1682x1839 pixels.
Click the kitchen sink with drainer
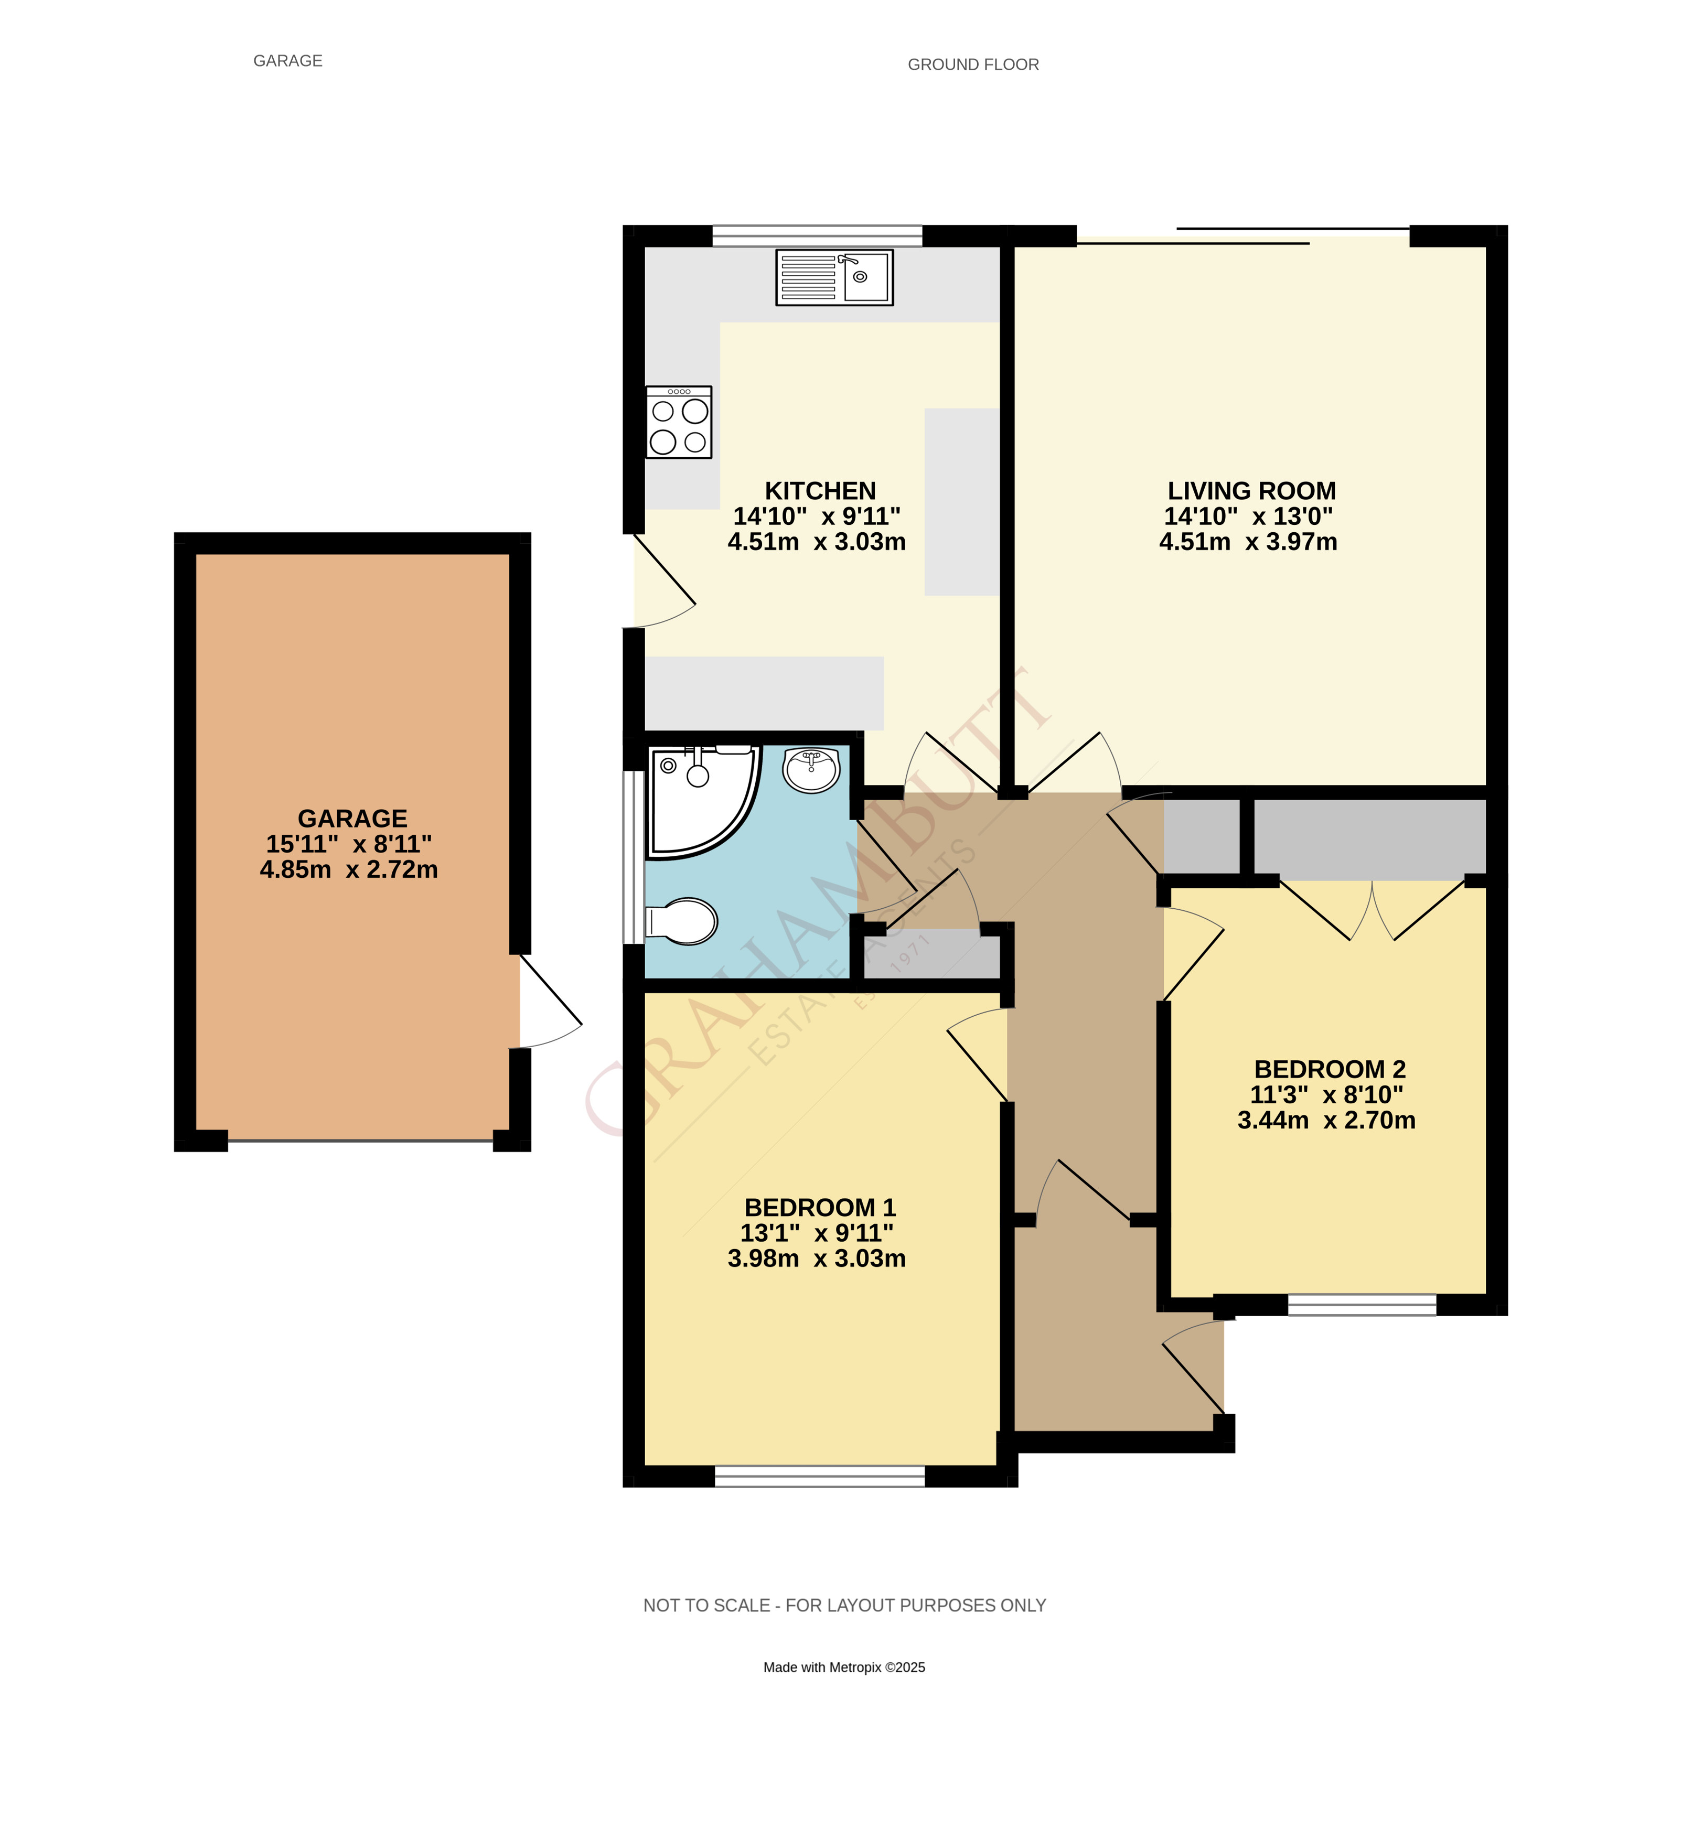pyautogui.click(x=834, y=277)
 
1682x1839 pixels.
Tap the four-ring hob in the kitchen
pyautogui.click(x=679, y=422)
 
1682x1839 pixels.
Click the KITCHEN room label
pyautogui.click(x=819, y=491)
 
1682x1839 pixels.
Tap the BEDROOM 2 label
pyautogui.click(x=1329, y=1069)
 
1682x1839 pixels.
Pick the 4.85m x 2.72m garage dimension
pyautogui.click(x=348, y=869)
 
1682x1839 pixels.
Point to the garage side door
pyautogui.click(x=550, y=1002)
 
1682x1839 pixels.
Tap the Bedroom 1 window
pyautogui.click(x=819, y=1476)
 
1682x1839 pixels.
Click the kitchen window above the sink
pyautogui.click(x=817, y=235)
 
